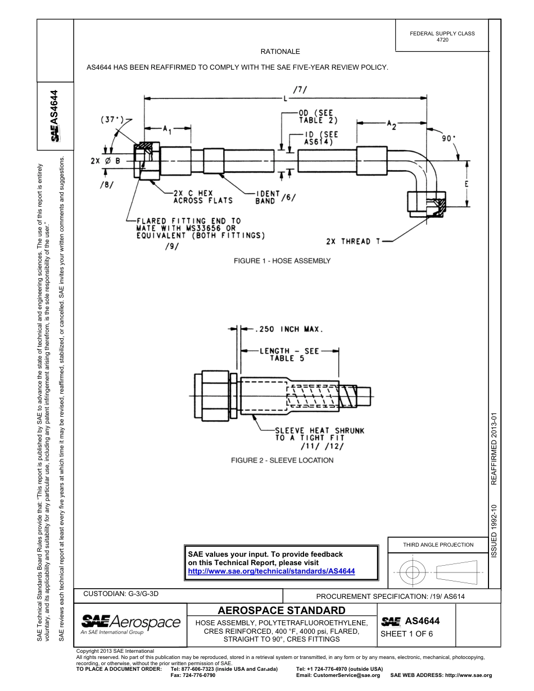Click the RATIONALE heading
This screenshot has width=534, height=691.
(280, 52)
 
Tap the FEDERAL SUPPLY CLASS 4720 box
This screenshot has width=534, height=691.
(442, 37)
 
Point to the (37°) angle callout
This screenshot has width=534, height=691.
(113, 120)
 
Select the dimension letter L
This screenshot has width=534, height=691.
(286, 99)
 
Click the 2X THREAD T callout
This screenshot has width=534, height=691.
(353, 242)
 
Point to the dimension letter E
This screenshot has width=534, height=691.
(467, 184)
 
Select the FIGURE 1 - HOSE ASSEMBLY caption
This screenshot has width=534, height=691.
(282, 261)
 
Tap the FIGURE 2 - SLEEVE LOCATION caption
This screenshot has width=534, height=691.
(282, 460)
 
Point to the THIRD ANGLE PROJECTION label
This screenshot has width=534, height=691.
(438, 544)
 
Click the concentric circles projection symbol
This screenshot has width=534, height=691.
(413, 572)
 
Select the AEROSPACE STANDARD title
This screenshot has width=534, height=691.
(281, 611)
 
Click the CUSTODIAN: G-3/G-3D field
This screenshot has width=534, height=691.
(125, 593)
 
